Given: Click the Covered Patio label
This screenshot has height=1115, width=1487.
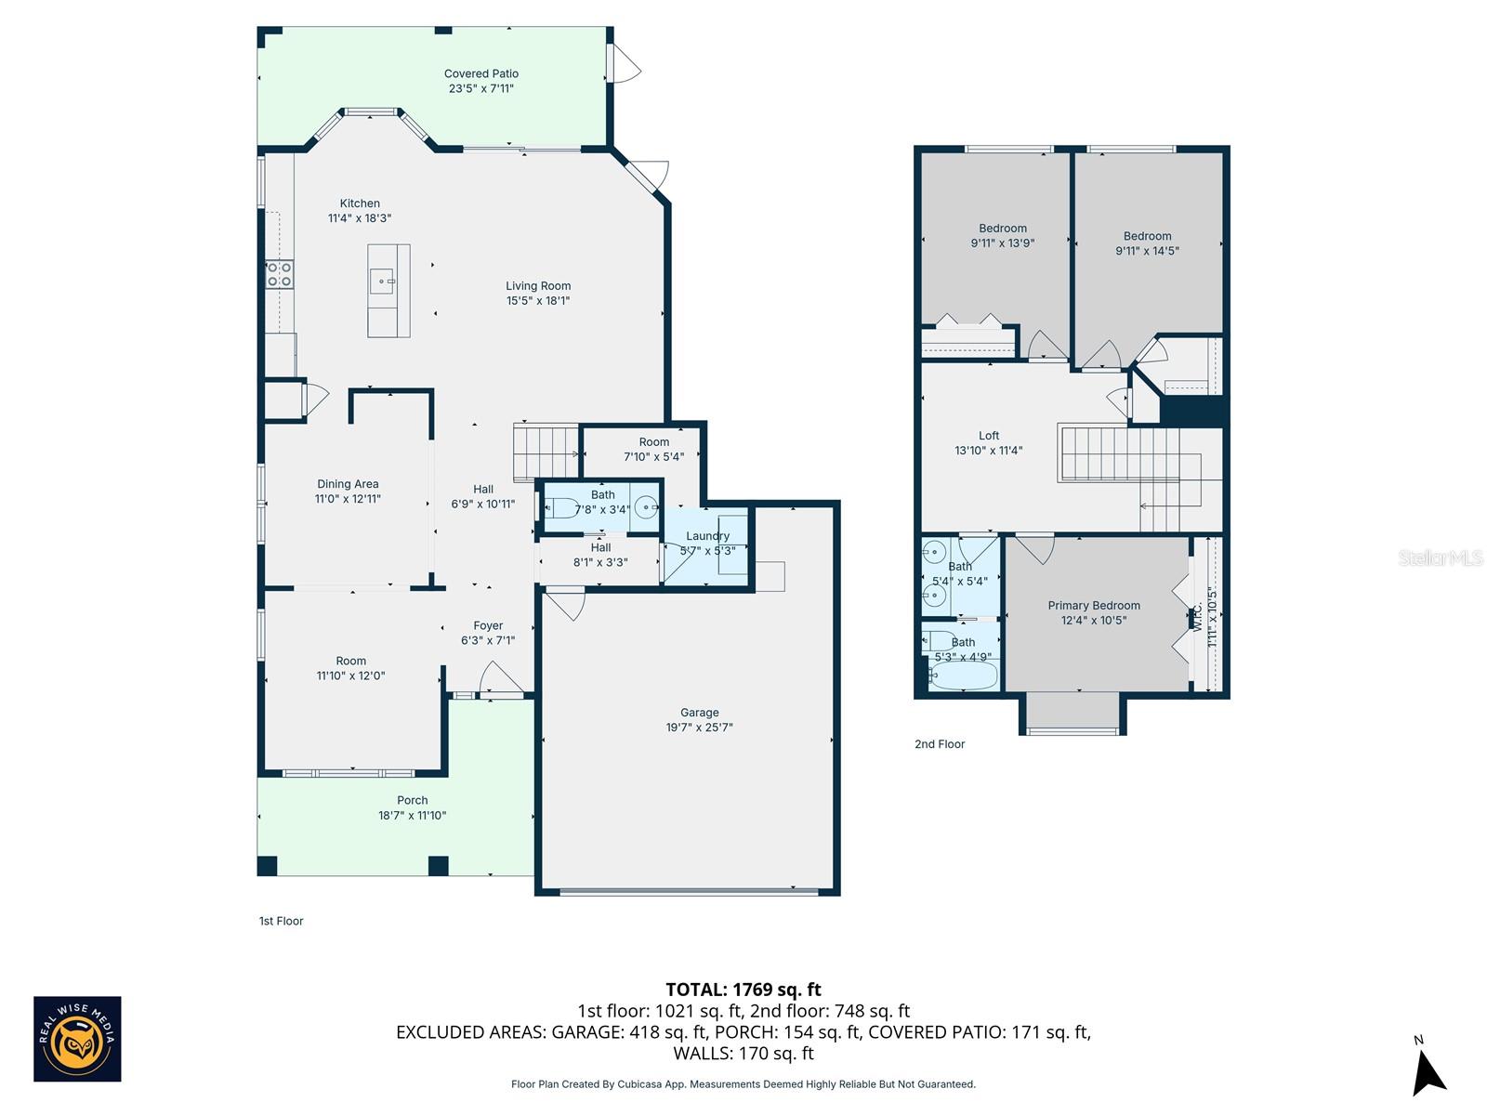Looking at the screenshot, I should pyautogui.click(x=480, y=73).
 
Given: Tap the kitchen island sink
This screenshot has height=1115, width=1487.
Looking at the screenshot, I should pyautogui.click(x=383, y=280).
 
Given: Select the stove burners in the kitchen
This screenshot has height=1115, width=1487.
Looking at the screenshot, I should pyautogui.click(x=280, y=274).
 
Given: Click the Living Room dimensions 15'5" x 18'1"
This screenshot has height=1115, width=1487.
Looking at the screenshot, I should pyautogui.click(x=538, y=301).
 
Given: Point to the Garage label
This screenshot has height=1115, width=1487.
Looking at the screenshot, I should pyautogui.click(x=699, y=713).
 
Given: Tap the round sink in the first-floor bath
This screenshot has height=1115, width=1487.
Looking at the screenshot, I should pyautogui.click(x=647, y=507).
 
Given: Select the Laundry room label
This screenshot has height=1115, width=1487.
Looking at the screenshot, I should pyautogui.click(x=707, y=536).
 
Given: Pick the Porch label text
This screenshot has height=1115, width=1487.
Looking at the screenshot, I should pyautogui.click(x=413, y=800).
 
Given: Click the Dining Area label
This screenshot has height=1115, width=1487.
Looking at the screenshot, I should pyautogui.click(x=348, y=484).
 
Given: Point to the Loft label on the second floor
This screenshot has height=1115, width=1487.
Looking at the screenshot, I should pyautogui.click(x=989, y=436).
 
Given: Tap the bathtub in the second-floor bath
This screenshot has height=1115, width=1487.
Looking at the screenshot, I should pyautogui.click(x=963, y=676).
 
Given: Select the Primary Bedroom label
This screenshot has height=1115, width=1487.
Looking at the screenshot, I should pyautogui.click(x=1094, y=606).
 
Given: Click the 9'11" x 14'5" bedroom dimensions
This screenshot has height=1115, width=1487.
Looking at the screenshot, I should pyautogui.click(x=1147, y=251).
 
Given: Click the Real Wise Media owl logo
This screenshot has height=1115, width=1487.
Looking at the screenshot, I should pyautogui.click(x=77, y=1039).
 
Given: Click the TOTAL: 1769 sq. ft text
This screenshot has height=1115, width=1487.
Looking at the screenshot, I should pyautogui.click(x=743, y=990).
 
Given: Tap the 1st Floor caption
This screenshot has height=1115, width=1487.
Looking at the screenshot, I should pyautogui.click(x=281, y=921).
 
